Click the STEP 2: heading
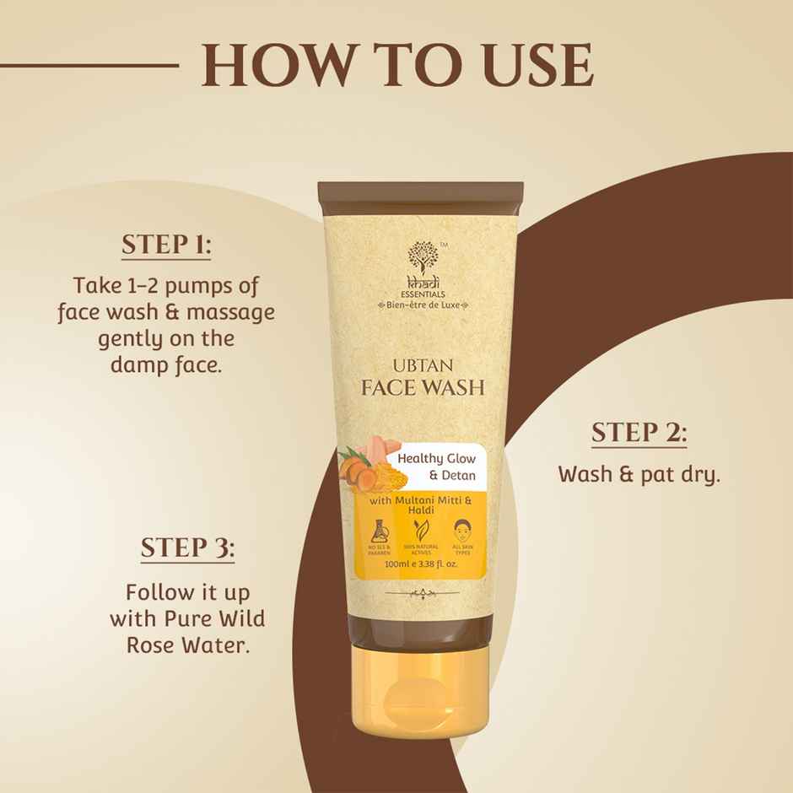click(638, 434)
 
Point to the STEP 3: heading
click(187, 548)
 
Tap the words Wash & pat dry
click(639, 474)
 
